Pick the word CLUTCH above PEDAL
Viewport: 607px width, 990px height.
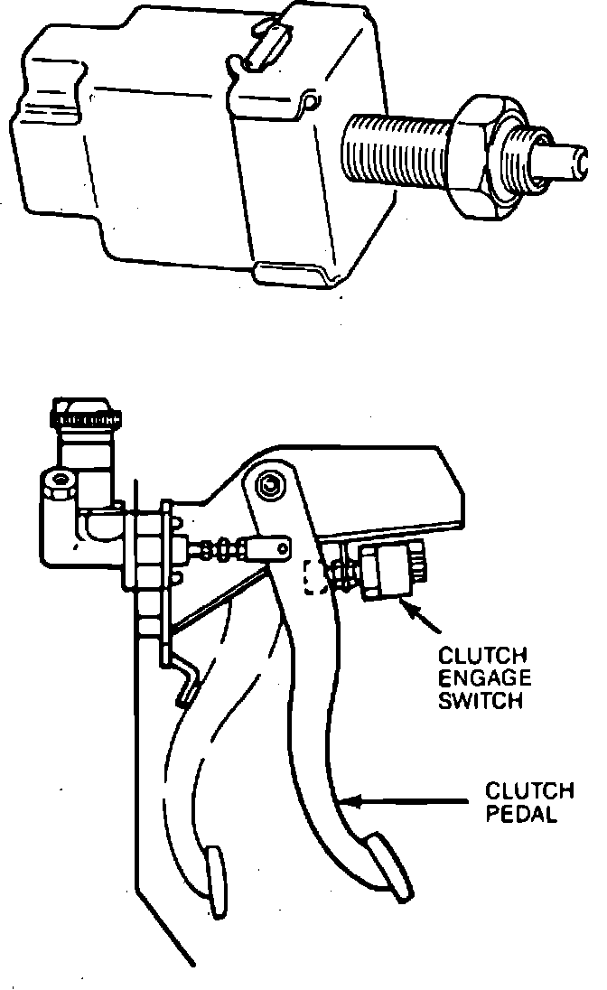[528, 791]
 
